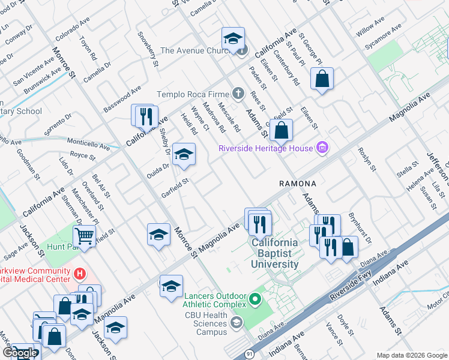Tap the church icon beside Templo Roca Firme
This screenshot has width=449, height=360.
pyautogui.click(x=238, y=93)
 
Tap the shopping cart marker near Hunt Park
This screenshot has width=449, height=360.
pyautogui.click(x=85, y=235)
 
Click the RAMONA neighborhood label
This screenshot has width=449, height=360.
pyautogui.click(x=297, y=182)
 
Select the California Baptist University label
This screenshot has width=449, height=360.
pyautogui.click(x=274, y=253)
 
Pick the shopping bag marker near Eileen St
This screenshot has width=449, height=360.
pyautogui.click(x=322, y=79)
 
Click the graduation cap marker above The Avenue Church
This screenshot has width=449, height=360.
pyautogui.click(x=233, y=39)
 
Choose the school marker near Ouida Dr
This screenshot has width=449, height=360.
pyautogui.click(x=184, y=154)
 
